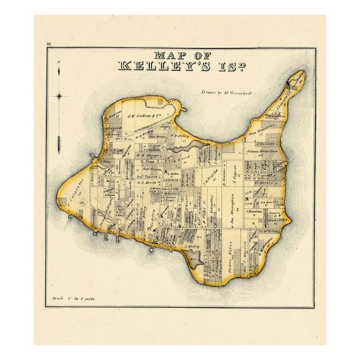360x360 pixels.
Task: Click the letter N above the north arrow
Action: click(x=60, y=62)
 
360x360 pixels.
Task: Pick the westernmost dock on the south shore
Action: click(x=97, y=232)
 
